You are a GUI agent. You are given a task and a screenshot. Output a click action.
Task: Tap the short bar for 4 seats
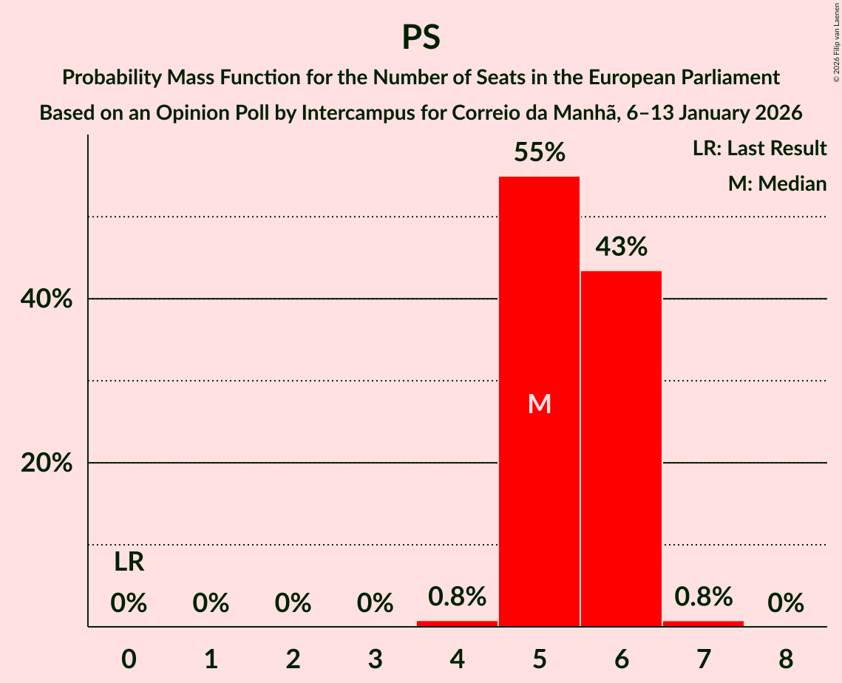point(457,623)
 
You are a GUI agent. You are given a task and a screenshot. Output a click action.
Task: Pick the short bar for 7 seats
point(703,623)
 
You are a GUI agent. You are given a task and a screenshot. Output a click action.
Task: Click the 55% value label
point(540,153)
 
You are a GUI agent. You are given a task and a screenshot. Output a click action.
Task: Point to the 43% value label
point(622,247)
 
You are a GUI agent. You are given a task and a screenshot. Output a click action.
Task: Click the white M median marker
point(540,404)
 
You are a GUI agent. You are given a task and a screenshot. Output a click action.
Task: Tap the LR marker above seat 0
point(129,563)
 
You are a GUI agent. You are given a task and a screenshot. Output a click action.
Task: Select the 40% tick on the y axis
point(51,299)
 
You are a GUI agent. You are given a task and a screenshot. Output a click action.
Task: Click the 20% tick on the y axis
point(51,463)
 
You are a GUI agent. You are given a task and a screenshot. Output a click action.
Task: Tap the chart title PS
point(421,37)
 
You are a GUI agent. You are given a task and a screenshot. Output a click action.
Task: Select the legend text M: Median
point(777,183)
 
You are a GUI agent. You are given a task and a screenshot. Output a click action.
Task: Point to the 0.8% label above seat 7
point(703,596)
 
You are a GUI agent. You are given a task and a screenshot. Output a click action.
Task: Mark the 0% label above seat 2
point(293,603)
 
